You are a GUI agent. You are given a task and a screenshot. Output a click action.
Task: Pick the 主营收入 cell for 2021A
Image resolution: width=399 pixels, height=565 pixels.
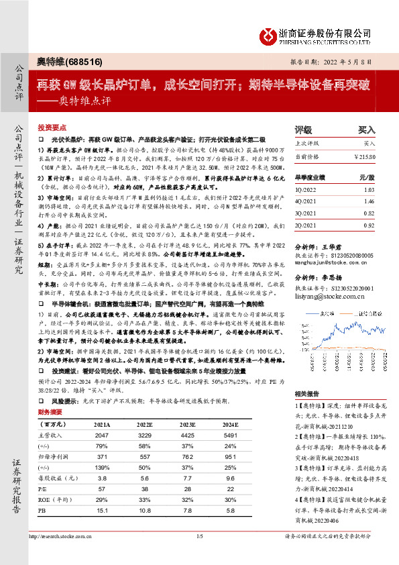[x=103, y=435]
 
